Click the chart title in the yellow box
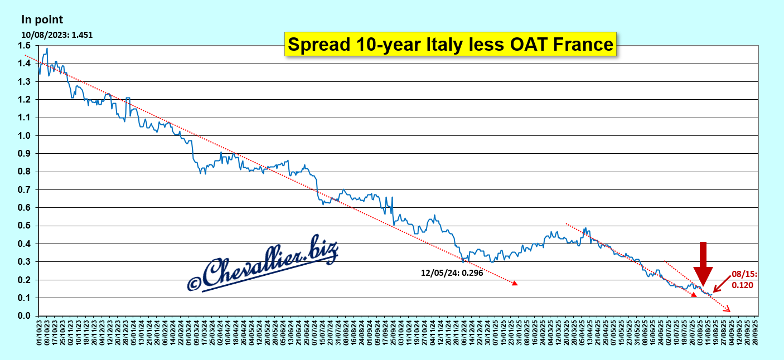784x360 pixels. [x=450, y=44]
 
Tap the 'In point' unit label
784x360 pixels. [x=42, y=20]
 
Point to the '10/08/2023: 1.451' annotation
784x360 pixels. [x=57, y=35]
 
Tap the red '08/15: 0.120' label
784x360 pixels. [x=742, y=279]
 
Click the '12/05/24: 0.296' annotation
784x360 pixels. [x=451, y=273]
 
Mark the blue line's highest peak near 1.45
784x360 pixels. [x=47, y=48]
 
